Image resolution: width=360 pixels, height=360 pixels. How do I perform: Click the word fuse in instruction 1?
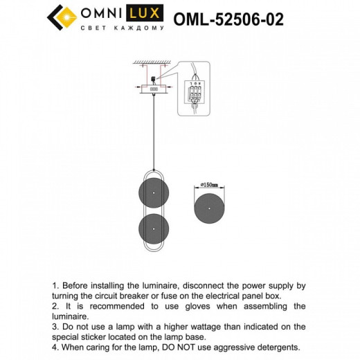click(191, 296)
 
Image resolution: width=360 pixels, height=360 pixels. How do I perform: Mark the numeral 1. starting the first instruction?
click(55, 285)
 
